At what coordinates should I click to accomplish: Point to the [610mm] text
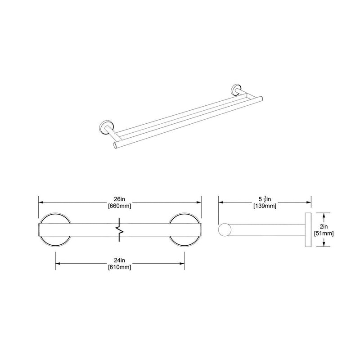point(119,268)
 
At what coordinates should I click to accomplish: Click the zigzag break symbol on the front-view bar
point(120,229)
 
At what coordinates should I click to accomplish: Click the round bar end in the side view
point(224,229)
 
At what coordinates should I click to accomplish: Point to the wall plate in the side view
point(309,229)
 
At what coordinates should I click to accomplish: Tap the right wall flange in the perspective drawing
point(235,89)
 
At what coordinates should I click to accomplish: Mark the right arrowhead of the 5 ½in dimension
point(310,202)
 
